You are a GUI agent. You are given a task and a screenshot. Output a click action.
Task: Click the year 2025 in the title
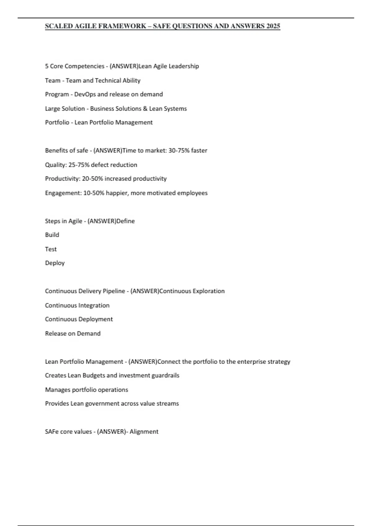point(273,26)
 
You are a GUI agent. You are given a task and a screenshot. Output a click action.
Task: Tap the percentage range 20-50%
point(92,179)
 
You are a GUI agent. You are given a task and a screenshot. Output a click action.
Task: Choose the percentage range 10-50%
point(94,193)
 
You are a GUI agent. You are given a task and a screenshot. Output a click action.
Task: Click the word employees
point(192,193)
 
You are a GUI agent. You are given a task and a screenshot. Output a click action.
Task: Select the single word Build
point(52,235)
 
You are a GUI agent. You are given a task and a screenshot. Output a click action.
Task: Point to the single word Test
point(51,249)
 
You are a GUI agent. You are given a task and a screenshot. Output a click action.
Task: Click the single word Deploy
point(55,263)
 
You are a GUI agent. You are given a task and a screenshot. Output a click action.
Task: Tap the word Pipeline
point(113,291)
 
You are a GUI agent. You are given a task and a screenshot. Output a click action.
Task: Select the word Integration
point(94,305)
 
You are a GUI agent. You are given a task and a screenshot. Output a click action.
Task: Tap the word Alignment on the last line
point(144,432)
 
